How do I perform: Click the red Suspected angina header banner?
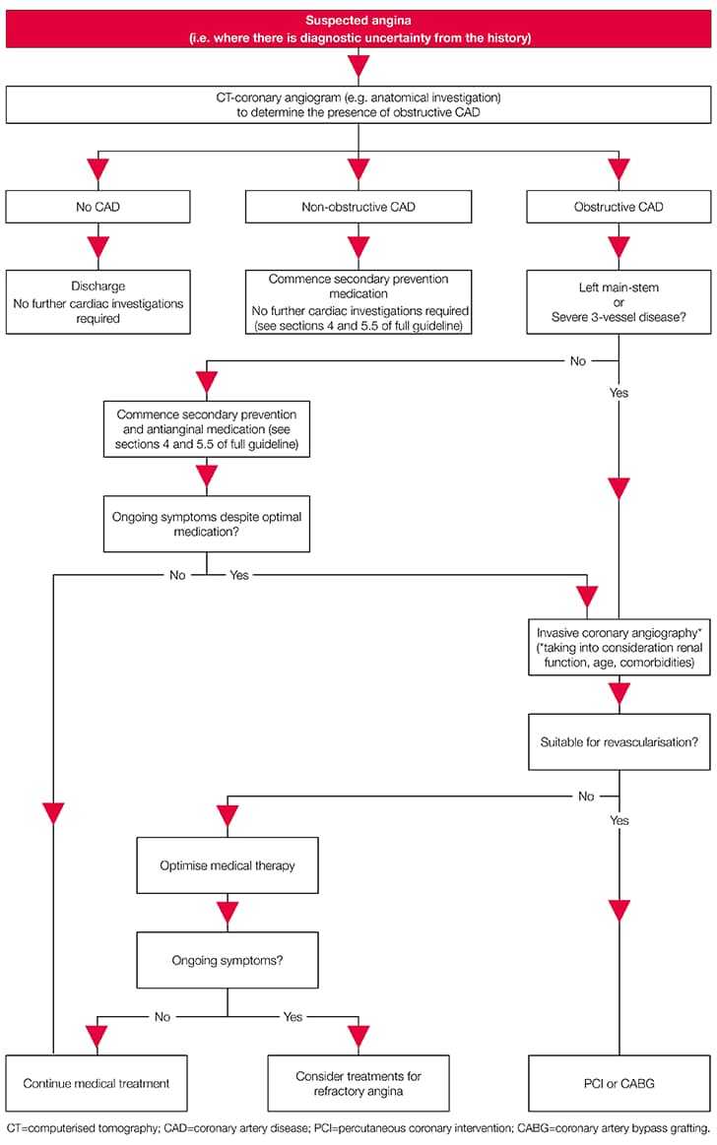pos(358,29)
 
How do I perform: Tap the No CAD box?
pos(97,207)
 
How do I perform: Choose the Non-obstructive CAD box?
pos(358,207)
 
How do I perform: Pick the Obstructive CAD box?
pos(619,207)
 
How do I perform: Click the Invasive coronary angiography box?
pos(619,648)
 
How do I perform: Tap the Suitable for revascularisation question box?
pos(619,738)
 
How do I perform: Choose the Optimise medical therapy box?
pos(228,865)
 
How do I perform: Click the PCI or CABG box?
pos(619,1083)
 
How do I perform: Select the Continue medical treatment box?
pos(97,1083)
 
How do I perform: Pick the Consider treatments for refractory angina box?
pos(358,1083)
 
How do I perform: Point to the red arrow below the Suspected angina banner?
pos(358,65)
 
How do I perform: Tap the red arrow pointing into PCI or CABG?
pos(619,910)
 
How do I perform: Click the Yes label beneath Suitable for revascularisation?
pos(619,820)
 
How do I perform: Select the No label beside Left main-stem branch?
pos(578,361)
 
